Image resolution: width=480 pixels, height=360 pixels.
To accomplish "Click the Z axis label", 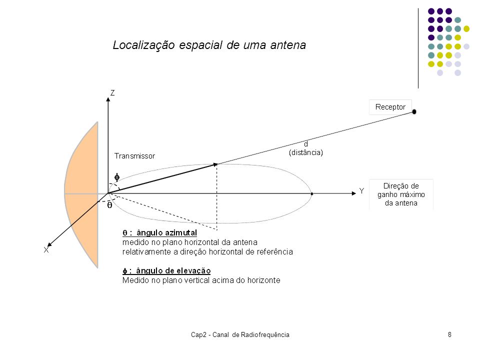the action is [x=112, y=93].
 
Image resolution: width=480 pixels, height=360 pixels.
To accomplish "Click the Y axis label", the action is [x=361, y=191].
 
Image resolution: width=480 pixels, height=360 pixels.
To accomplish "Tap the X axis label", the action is [x=46, y=250].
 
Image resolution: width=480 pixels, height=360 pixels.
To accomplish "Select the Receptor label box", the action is [x=390, y=107].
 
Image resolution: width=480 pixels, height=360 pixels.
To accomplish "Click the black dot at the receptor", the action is [x=414, y=111].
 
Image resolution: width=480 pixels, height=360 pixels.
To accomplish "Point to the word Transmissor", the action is [x=134, y=156].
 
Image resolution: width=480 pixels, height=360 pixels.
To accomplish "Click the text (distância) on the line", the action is [x=306, y=152].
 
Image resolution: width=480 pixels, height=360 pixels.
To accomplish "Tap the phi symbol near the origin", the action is [x=117, y=177].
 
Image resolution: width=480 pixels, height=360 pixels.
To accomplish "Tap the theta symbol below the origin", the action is [x=109, y=205].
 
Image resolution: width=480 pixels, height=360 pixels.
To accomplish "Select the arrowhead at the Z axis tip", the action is [x=108, y=99].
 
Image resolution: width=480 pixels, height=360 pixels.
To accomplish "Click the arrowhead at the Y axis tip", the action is [x=354, y=193].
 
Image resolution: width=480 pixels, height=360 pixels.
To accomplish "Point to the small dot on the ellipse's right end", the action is [x=312, y=194].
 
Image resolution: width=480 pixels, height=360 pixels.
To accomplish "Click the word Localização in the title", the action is [x=144, y=45].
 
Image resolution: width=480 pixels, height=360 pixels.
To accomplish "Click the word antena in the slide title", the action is [x=288, y=45].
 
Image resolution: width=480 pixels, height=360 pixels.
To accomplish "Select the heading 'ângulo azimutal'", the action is [x=166, y=233].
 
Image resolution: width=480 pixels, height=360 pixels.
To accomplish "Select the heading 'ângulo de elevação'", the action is [x=173, y=271].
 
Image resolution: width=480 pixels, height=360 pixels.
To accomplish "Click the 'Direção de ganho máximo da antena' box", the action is [x=401, y=194].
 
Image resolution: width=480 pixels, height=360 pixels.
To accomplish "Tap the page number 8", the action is [x=449, y=334].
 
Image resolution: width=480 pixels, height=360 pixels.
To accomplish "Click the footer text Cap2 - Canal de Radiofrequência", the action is [x=240, y=335].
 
